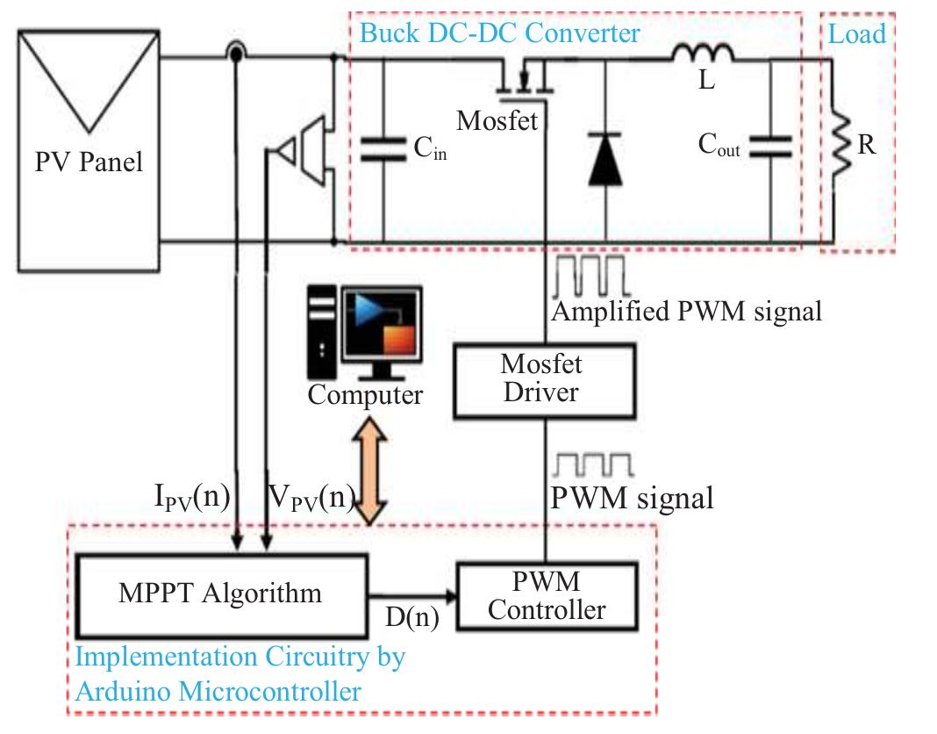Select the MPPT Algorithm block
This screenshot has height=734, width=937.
(x=220, y=594)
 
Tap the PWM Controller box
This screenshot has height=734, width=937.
(x=546, y=595)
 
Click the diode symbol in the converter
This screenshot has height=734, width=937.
(x=605, y=160)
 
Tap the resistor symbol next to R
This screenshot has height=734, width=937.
(x=839, y=146)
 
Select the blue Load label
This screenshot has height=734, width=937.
(x=857, y=34)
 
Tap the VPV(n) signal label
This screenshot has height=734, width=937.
(x=310, y=499)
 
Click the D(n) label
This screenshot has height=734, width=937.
(x=411, y=617)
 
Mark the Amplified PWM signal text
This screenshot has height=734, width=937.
(x=685, y=311)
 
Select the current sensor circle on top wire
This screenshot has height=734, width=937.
(x=235, y=54)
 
